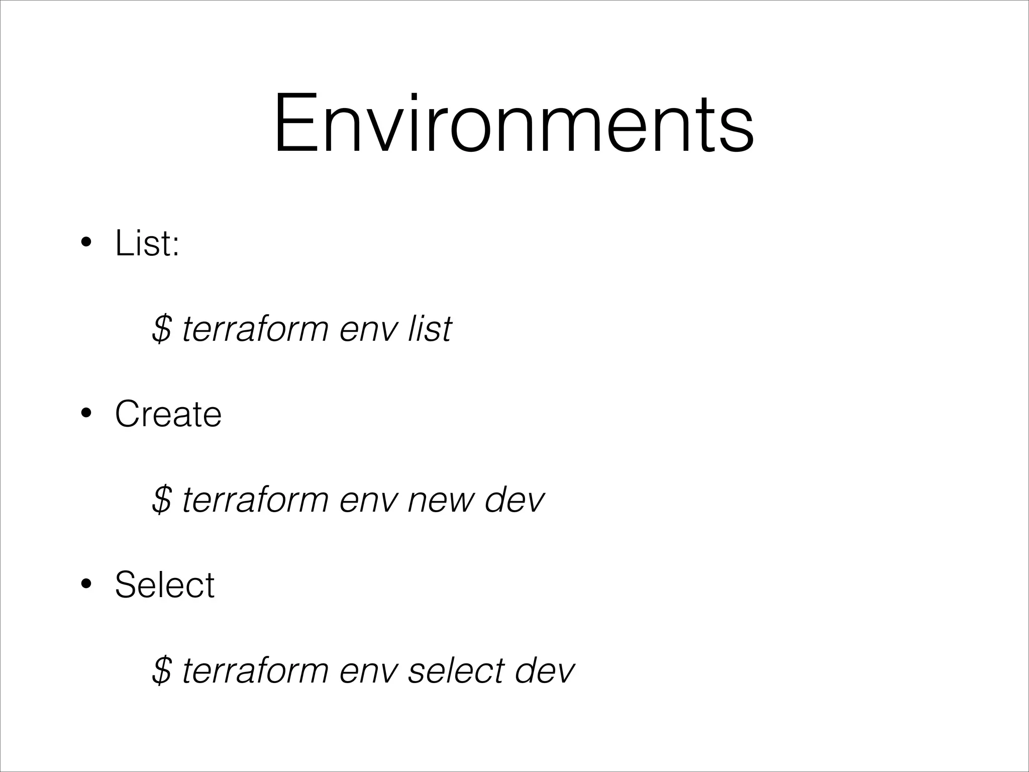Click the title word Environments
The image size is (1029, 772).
click(x=513, y=124)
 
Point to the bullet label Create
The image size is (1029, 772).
click(x=168, y=414)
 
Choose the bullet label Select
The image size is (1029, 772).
click(x=164, y=585)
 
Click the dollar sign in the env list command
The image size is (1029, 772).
click(x=162, y=329)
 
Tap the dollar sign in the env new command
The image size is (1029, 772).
click(x=162, y=500)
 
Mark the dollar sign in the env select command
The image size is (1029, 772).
click(x=162, y=670)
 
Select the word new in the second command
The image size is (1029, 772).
click(x=440, y=500)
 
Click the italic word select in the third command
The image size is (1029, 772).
click(x=456, y=670)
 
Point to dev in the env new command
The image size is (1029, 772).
click(x=514, y=500)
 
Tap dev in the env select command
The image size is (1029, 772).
click(x=545, y=670)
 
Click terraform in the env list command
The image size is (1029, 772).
click(x=255, y=329)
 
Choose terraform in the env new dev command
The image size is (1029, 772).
click(x=255, y=500)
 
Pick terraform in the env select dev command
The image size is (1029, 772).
click(x=255, y=670)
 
